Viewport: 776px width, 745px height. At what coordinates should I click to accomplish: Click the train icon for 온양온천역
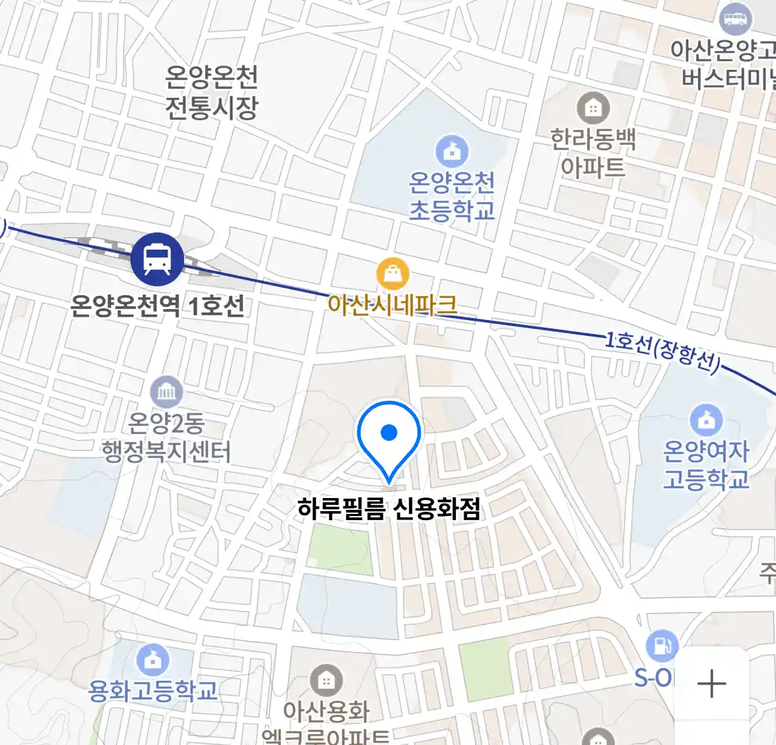157,260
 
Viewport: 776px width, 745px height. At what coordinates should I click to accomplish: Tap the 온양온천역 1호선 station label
157,305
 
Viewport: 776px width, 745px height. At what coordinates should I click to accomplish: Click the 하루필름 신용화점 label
388,509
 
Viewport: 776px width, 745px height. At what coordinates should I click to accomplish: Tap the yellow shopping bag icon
392,275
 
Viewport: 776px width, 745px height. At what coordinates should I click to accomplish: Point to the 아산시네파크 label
392,304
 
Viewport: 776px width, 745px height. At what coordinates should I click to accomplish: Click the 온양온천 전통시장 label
211,92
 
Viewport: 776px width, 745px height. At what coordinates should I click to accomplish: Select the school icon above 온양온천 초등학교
452,151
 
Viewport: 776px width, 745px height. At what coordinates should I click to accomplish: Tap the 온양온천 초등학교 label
452,197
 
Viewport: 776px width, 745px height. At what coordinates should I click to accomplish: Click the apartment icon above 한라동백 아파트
593,108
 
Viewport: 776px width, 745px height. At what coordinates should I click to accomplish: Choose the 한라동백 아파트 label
593,153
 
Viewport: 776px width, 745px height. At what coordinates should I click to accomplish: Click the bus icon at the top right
735,18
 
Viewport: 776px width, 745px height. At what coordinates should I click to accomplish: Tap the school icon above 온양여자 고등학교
706,419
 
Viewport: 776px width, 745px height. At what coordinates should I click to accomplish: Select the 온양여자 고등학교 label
706,465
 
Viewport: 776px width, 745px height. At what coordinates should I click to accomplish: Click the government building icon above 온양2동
166,393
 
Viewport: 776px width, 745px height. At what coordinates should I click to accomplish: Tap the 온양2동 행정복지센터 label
166,437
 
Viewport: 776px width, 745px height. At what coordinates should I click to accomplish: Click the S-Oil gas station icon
661,647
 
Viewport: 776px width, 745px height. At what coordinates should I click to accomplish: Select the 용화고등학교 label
152,690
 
